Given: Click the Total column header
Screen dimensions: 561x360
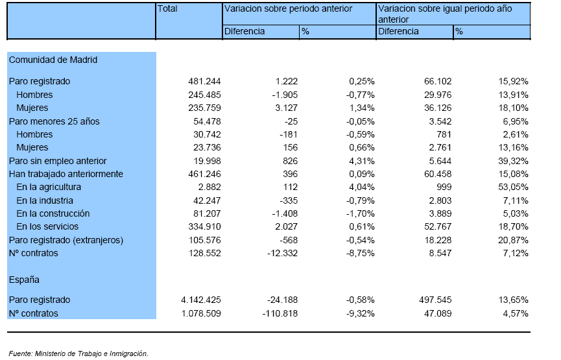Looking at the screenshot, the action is pyautogui.click(x=167, y=8).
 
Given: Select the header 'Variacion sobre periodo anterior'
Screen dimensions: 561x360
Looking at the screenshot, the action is pyautogui.click(x=288, y=8).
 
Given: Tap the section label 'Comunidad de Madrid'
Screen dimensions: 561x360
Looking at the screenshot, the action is pyautogui.click(x=53, y=60).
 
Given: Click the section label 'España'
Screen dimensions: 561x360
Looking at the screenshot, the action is pyautogui.click(x=24, y=280).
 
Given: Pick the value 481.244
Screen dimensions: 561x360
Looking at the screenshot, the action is pyautogui.click(x=205, y=81).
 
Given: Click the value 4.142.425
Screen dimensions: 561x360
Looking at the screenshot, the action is pyautogui.click(x=201, y=300).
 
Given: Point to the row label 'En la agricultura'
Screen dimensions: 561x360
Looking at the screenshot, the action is pyautogui.click(x=49, y=187).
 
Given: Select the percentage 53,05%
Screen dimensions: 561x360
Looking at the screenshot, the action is pyautogui.click(x=514, y=187).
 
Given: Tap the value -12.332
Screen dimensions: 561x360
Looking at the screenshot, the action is pyautogui.click(x=283, y=254).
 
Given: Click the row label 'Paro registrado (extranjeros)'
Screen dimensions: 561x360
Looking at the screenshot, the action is pyautogui.click(x=66, y=240).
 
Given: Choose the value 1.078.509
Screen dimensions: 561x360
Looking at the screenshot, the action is pyautogui.click(x=201, y=313).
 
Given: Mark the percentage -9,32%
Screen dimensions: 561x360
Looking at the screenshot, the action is pyautogui.click(x=361, y=313).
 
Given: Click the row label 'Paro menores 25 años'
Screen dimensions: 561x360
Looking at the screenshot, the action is pyautogui.click(x=54, y=122).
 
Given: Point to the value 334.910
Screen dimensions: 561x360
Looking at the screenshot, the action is pyautogui.click(x=205, y=226).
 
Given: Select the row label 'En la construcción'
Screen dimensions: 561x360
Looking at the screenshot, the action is pyautogui.click(x=53, y=213).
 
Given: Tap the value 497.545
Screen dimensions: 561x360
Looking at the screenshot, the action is pyautogui.click(x=435, y=300).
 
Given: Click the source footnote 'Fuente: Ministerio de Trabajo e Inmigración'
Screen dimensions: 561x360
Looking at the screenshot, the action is pyautogui.click(x=78, y=354).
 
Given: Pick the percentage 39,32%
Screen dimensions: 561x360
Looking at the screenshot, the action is pyautogui.click(x=514, y=161).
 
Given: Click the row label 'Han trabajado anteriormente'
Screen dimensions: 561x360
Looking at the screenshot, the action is pyautogui.click(x=66, y=174).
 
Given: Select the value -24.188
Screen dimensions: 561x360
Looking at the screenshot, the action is pyautogui.click(x=283, y=300).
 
